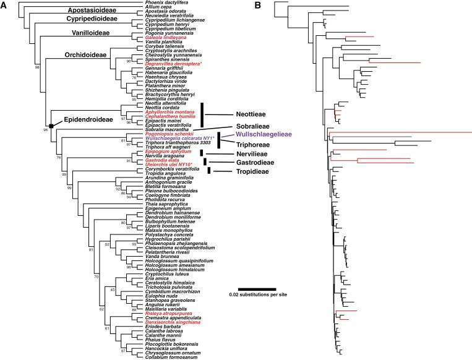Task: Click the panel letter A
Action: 4,6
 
